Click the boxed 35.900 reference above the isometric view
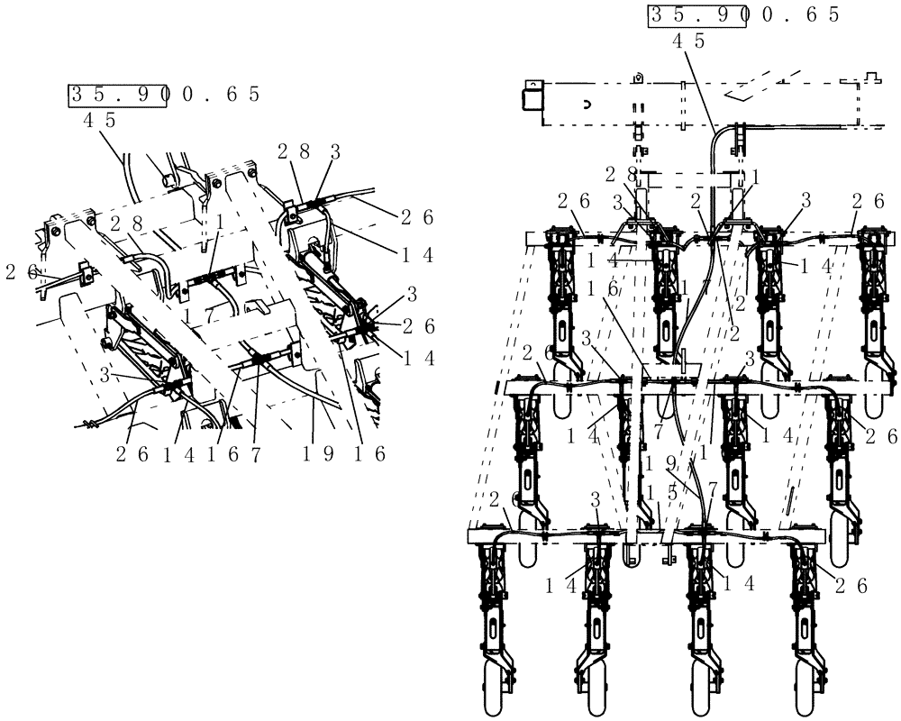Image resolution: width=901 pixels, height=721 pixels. tap(117, 95)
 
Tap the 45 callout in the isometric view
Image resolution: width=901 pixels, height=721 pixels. tap(99, 119)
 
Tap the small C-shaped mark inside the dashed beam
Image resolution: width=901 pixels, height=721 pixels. tap(586, 104)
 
